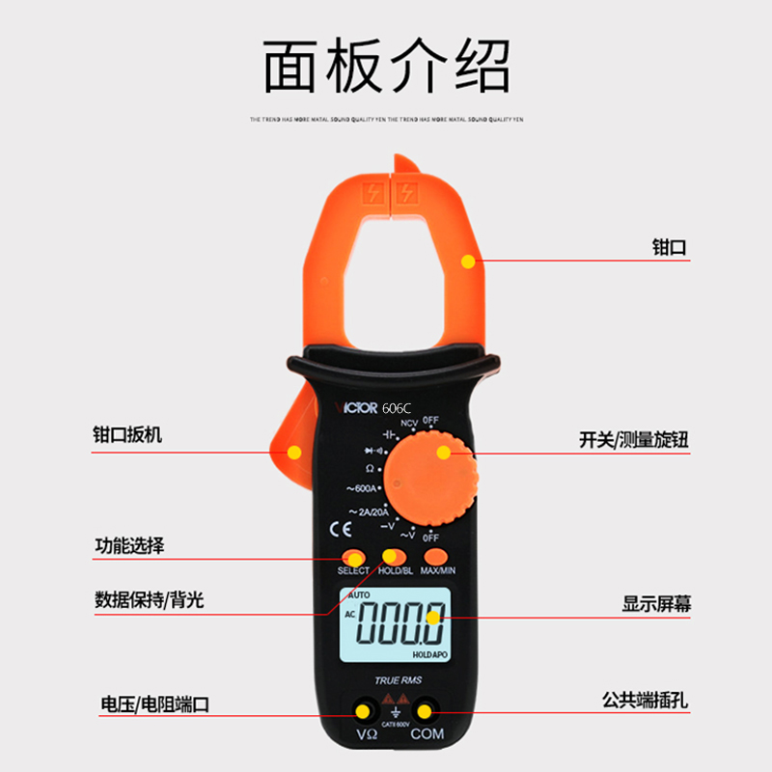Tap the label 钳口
coord(669,248)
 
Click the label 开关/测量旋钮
coord(633,440)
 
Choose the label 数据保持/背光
coord(149,599)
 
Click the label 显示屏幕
coord(656,605)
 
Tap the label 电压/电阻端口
coord(154,703)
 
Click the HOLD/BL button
coord(395,557)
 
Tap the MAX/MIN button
coord(437,557)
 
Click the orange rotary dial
coord(431,477)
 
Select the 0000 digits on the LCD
coord(400,625)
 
